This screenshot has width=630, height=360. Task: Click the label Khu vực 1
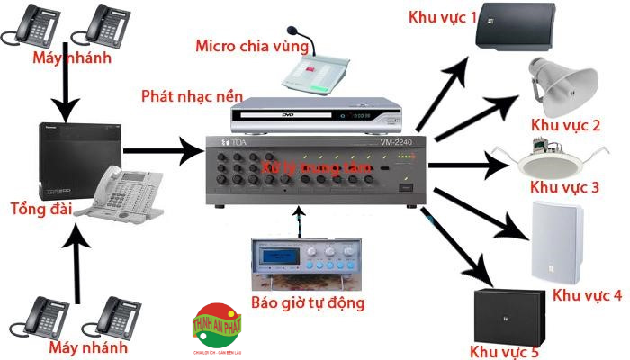443,17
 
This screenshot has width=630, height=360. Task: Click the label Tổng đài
38,210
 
